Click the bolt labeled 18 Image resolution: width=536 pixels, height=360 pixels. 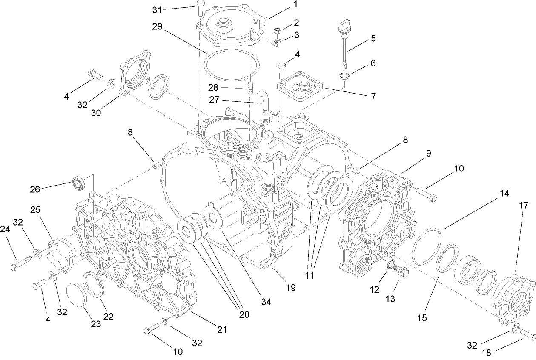528,334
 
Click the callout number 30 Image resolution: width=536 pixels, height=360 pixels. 96,113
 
